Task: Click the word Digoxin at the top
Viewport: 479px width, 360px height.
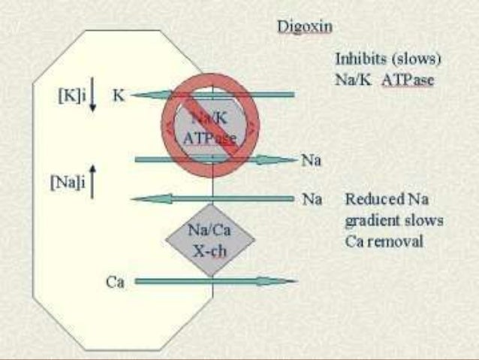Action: click(x=306, y=29)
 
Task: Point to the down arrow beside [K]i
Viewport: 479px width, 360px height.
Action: click(x=92, y=100)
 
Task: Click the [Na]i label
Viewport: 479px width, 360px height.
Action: click(x=68, y=184)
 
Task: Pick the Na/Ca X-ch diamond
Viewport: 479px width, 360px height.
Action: click(x=210, y=239)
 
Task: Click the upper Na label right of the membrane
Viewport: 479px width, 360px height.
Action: click(x=311, y=160)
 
